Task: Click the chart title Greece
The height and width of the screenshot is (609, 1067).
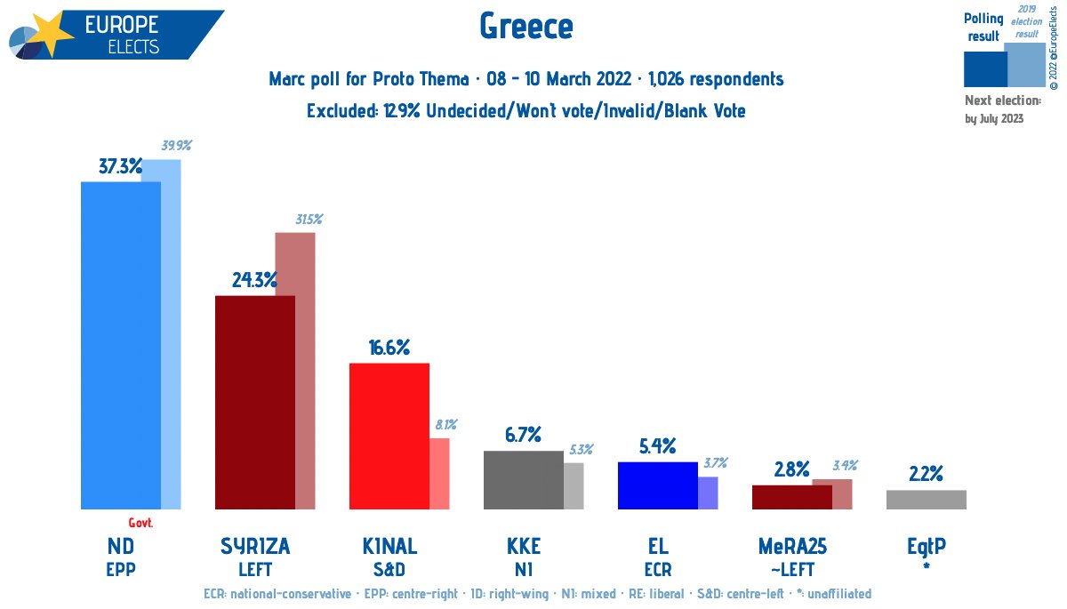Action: pos(526,27)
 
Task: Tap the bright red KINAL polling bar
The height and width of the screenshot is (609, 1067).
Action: pos(389,436)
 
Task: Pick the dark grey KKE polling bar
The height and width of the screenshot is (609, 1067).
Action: pos(523,480)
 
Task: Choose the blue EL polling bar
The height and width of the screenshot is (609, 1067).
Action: pos(657,485)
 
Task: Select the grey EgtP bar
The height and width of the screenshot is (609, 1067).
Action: pos(926,500)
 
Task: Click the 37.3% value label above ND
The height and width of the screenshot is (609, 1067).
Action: pos(120,166)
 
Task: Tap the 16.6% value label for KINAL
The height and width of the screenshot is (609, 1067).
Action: pos(389,348)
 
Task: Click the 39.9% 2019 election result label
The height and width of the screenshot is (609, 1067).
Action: pos(176,146)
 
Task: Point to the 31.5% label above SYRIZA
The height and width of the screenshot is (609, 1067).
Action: pos(309,219)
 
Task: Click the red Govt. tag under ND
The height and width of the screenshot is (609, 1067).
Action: pos(141,522)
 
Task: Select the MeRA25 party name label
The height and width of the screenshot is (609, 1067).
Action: pos(791,546)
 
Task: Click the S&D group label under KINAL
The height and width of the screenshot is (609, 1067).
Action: pos(389,570)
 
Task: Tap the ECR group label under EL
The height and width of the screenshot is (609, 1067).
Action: pos(658,570)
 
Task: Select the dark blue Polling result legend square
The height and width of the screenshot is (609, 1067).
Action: pos(984,68)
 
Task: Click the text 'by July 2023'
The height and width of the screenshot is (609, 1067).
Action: pos(993,118)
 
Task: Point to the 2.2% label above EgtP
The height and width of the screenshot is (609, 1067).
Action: pos(926,474)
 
